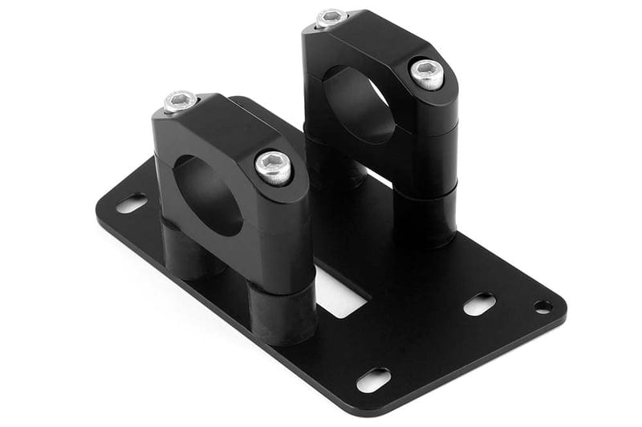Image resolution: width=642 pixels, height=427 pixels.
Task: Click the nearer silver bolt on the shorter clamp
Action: point(274,166)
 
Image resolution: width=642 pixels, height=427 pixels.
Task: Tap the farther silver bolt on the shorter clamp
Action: point(181,101)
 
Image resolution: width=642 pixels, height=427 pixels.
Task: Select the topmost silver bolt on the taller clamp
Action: point(331,18)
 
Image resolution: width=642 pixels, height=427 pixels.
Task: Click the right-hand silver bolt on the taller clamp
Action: point(426,73)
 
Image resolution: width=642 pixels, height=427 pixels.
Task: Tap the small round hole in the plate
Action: point(542,306)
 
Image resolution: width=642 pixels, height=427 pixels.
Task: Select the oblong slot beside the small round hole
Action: point(479,304)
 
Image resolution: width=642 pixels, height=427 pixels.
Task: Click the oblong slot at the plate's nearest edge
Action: point(373,379)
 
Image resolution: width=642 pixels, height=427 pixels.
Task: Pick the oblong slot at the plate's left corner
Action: point(132,203)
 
